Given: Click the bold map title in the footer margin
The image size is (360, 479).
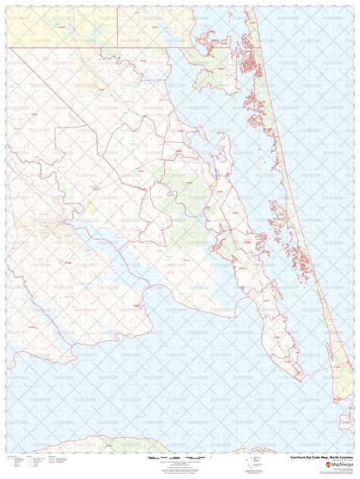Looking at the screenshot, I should (x=317, y=458).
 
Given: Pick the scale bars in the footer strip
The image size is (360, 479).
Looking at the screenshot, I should (x=171, y=459).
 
